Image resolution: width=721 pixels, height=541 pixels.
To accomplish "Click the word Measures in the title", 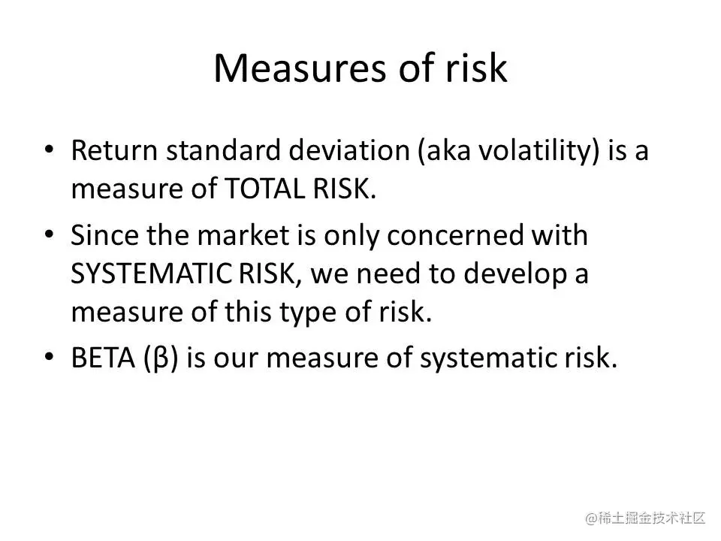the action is (300, 68).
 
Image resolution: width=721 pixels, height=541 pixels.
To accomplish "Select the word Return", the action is (114, 150).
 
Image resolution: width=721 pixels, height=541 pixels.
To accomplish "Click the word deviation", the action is (349, 150).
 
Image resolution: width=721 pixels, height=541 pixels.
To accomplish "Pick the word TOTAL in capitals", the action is (264, 189).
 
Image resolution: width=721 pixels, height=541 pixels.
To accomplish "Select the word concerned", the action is (455, 235).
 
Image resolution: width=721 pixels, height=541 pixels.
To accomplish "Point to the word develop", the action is (515, 275).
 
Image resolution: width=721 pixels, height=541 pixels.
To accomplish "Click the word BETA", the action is (104, 358).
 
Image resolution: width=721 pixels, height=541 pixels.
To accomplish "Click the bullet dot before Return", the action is (50, 149).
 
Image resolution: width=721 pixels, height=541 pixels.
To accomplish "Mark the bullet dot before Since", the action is (50, 234).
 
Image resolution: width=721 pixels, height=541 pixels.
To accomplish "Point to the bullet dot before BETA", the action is (50, 356).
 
